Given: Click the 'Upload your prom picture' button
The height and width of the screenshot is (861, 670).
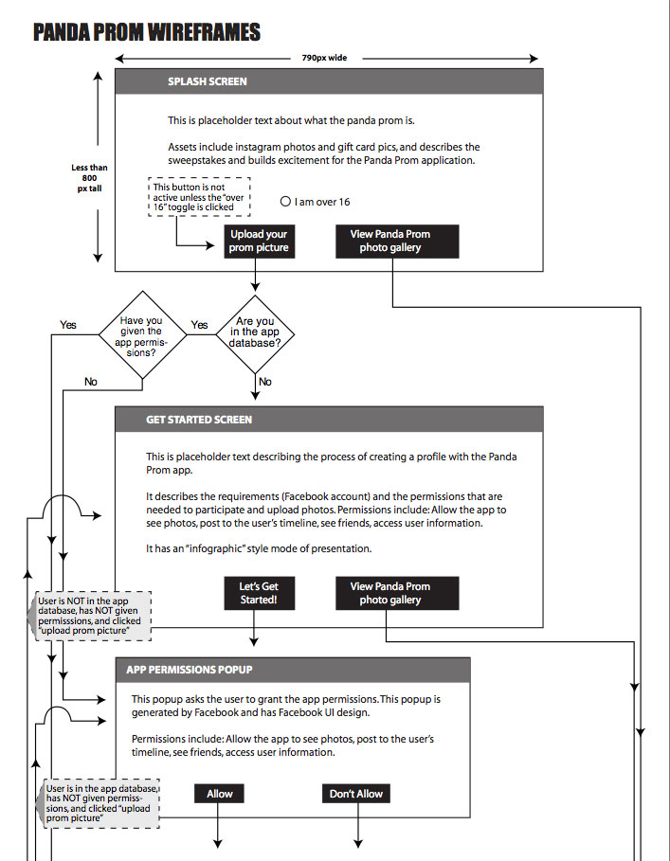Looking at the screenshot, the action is click(x=260, y=241).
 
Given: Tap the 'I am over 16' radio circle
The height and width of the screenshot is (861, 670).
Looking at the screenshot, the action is click(x=285, y=202).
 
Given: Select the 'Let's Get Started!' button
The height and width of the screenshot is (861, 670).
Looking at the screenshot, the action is click(x=260, y=593).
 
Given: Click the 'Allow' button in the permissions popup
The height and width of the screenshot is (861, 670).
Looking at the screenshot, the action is click(x=219, y=794).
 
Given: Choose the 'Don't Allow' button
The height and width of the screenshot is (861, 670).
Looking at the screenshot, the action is click(x=356, y=794).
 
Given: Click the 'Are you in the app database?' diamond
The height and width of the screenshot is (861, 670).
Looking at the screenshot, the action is click(x=255, y=333).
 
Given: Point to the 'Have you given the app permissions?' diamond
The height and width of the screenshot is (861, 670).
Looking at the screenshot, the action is click(x=142, y=335).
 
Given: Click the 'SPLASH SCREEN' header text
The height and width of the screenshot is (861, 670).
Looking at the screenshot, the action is click(x=207, y=81).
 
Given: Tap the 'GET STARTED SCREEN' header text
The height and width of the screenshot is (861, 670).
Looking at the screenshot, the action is click(x=199, y=420).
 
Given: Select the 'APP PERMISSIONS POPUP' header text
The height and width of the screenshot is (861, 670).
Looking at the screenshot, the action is click(x=189, y=670).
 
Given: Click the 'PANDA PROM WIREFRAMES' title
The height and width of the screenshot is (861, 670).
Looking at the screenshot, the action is click(x=147, y=32).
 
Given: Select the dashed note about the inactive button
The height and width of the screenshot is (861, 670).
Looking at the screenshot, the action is click(x=199, y=197).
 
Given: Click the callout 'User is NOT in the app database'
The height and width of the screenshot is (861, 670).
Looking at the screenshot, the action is click(x=89, y=616).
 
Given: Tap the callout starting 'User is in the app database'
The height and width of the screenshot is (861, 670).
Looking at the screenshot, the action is click(x=98, y=803).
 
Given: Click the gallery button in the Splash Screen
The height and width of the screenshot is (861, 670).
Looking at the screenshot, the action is click(x=397, y=241).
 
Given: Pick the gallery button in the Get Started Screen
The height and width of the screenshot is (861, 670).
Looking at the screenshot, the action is click(x=397, y=593).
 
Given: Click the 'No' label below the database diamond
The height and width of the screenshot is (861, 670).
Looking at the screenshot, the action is click(x=264, y=382).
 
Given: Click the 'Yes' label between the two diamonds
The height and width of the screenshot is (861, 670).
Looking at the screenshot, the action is click(x=199, y=325).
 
